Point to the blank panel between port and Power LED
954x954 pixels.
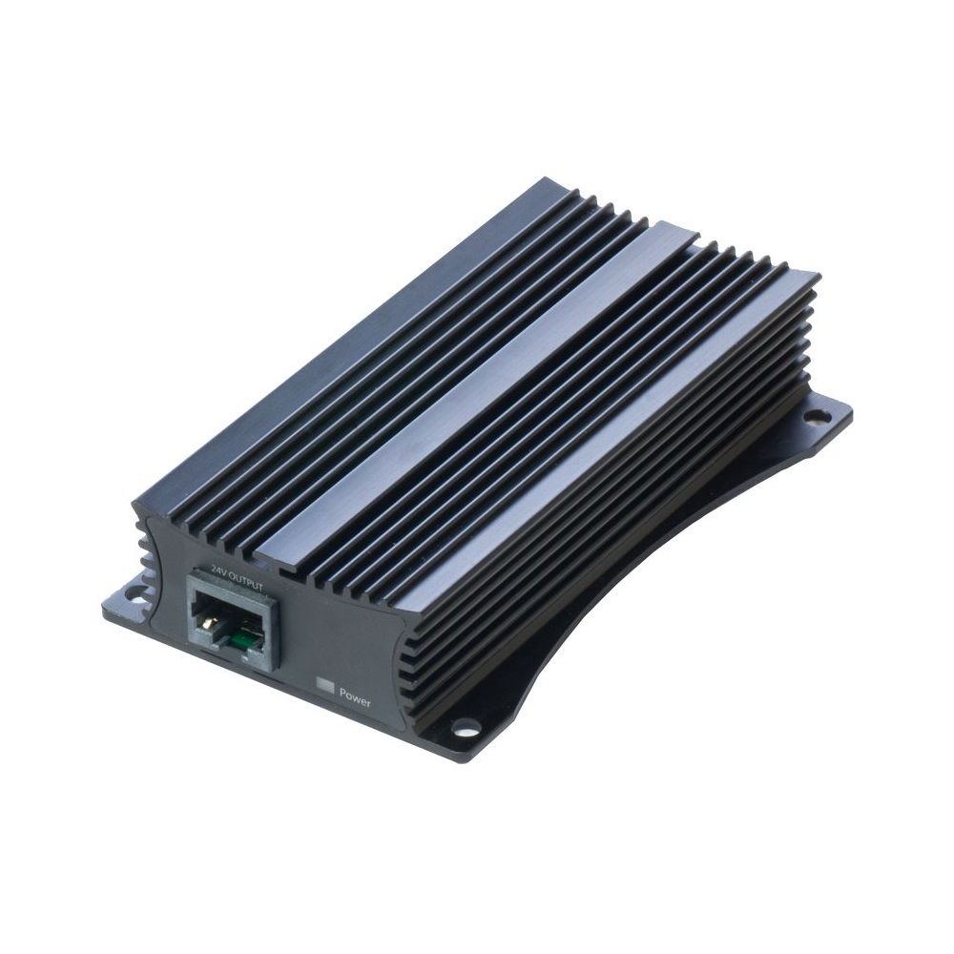301,649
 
